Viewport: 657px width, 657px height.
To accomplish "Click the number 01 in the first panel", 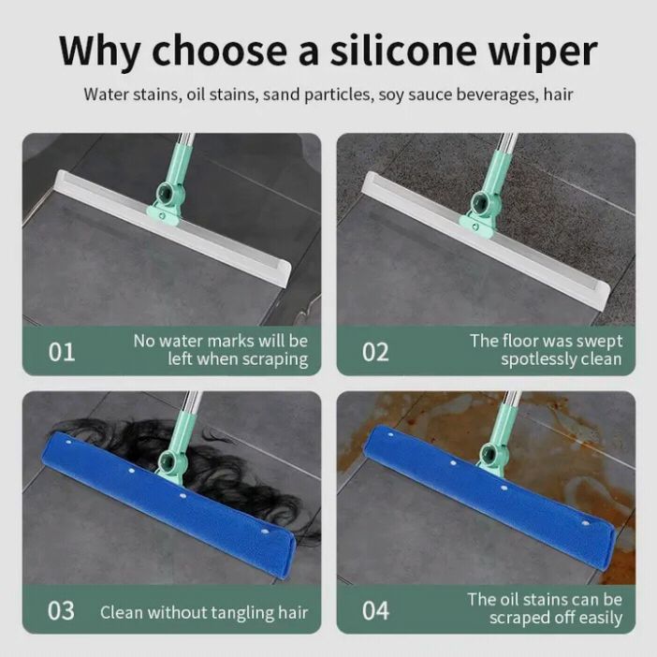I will (x=62, y=352).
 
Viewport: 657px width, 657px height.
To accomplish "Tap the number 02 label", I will (x=375, y=352).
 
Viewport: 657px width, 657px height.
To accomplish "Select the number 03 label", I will (x=62, y=610).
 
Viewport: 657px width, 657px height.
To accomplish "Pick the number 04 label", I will (x=375, y=610).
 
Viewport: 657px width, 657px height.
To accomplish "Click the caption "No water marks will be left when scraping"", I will (x=220, y=350).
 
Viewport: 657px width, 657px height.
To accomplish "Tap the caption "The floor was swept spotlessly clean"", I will (x=546, y=350).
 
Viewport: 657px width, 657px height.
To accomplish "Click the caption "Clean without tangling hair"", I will (x=204, y=613).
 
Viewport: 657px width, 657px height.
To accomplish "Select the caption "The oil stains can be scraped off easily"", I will (x=545, y=608).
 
